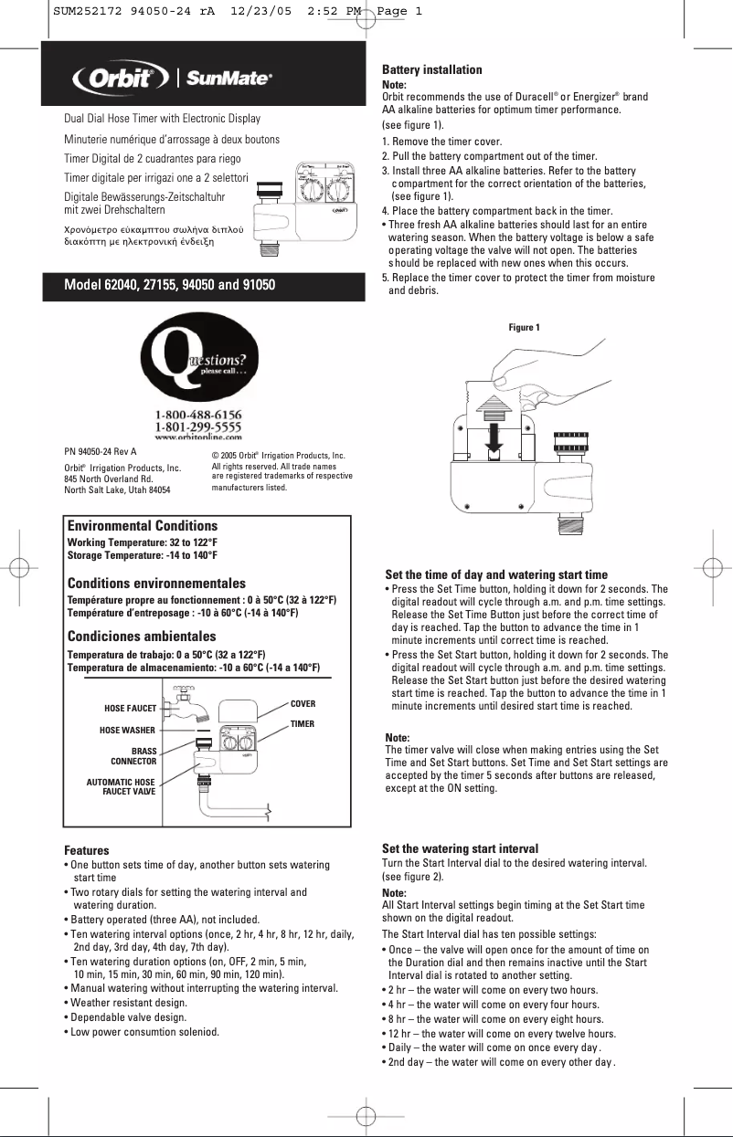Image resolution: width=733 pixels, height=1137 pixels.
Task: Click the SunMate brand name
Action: click(229, 79)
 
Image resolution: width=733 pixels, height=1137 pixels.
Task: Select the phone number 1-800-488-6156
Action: click(198, 415)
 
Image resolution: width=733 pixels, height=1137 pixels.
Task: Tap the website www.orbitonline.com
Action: click(198, 437)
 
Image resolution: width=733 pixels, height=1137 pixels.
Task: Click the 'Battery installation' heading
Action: click(431, 70)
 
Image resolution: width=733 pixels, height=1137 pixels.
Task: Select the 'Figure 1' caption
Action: click(524, 327)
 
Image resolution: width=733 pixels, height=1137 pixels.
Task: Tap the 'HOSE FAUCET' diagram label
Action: click(131, 709)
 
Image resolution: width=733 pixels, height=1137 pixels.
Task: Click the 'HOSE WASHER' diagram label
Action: click(127, 731)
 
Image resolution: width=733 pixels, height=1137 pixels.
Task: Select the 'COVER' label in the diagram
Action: click(303, 704)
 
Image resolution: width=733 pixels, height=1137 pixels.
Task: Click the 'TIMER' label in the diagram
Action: click(302, 724)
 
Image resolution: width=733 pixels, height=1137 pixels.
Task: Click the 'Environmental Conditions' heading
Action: click(143, 526)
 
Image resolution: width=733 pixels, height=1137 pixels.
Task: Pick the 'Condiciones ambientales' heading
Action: click(142, 637)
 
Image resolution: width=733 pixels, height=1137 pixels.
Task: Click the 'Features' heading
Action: click(86, 850)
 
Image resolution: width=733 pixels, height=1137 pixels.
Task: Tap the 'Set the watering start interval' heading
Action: click(460, 848)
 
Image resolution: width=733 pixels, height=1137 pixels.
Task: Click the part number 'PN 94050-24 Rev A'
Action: click(100, 451)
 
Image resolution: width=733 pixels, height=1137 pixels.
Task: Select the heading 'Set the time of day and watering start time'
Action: click(496, 575)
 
